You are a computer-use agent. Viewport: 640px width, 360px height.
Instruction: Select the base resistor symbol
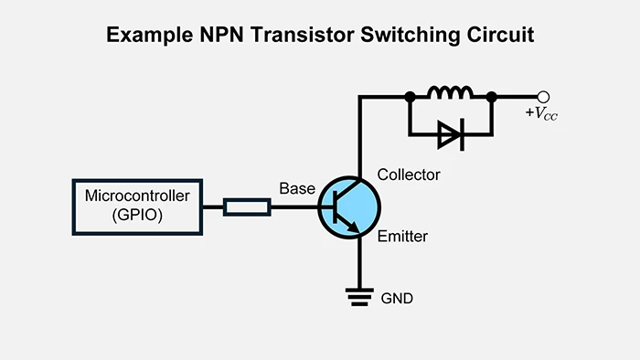tap(247, 207)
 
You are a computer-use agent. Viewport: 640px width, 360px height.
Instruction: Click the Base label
tap(297, 188)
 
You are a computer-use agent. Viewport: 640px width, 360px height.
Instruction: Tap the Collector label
tap(409, 175)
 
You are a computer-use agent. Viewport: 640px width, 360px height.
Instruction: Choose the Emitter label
tap(402, 237)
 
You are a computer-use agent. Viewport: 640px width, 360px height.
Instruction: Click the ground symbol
tap(359, 295)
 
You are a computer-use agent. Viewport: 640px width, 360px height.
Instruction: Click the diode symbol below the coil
tap(450, 135)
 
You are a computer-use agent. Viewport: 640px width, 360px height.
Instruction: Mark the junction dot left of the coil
tap(408, 96)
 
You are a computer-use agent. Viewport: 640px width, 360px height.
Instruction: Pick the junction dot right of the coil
tap(492, 96)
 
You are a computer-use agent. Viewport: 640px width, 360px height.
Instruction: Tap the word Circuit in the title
tap(495, 36)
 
